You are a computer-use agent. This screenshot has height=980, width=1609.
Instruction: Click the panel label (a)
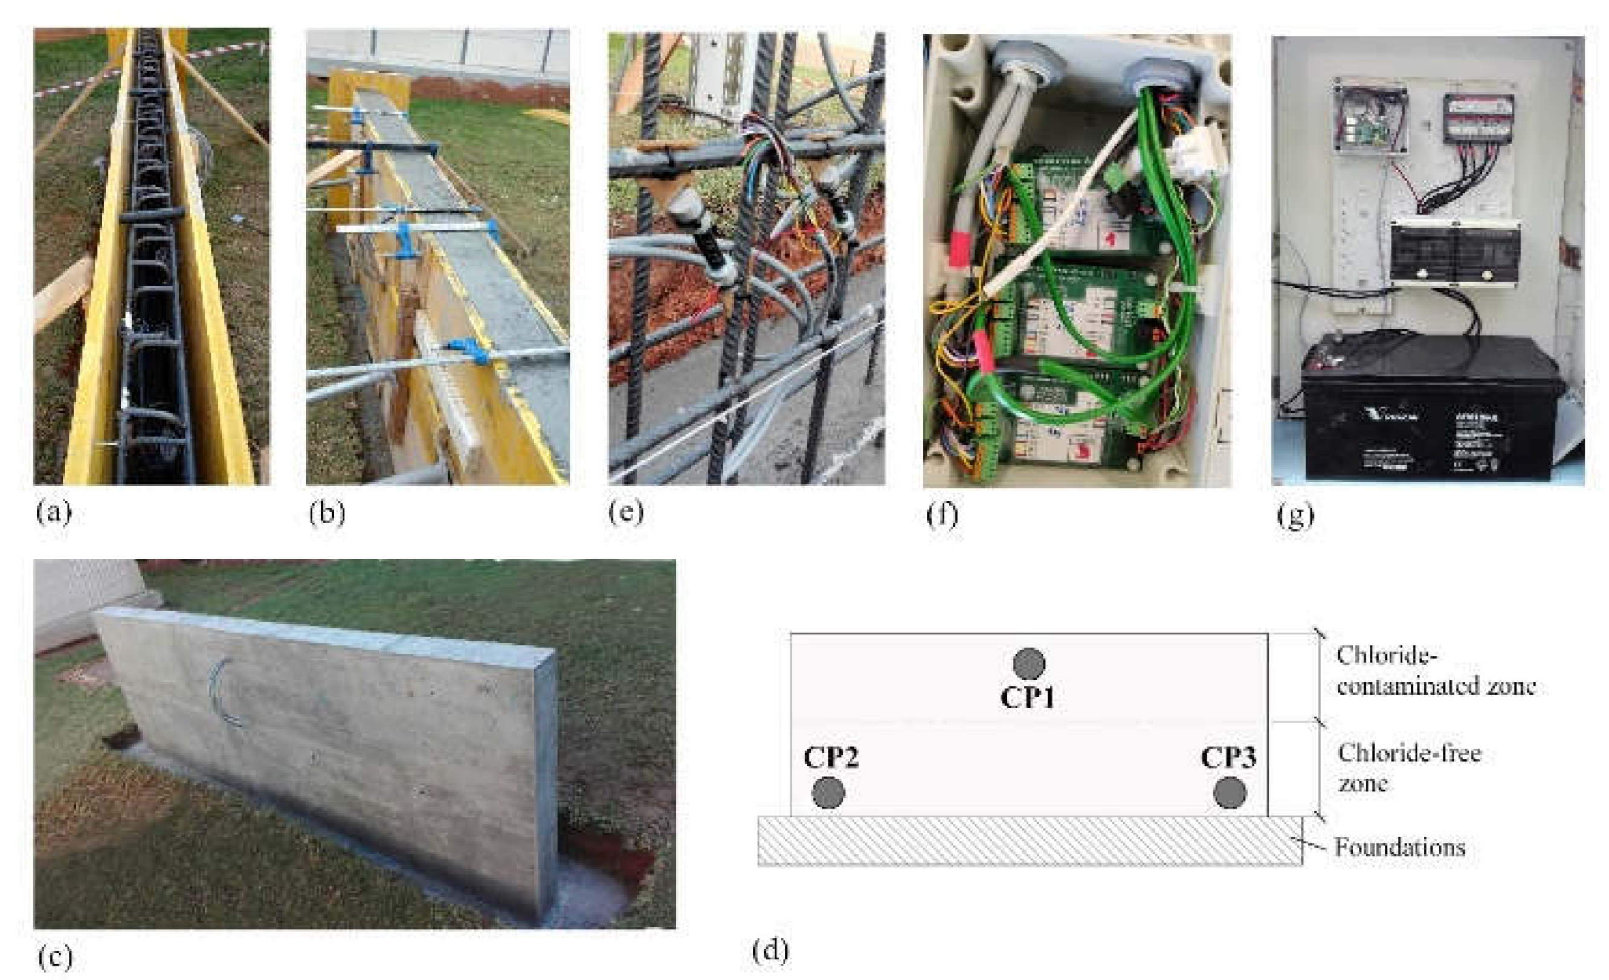click(x=54, y=513)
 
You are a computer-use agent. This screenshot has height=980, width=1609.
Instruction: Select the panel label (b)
click(x=326, y=513)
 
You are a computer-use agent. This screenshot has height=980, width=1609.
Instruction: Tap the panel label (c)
click(x=55, y=957)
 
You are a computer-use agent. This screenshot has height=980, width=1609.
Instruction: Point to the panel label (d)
click(x=770, y=951)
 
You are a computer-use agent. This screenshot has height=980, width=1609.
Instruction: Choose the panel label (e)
click(x=625, y=513)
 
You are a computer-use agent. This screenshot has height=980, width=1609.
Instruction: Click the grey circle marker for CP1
click(x=1029, y=664)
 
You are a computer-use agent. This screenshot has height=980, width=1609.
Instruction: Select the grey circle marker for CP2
click(x=828, y=793)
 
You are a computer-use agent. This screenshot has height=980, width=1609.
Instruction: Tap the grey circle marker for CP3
click(x=1230, y=793)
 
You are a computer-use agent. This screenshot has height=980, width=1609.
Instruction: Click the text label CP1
click(x=1028, y=698)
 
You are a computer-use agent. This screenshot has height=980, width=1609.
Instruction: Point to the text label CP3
click(x=1228, y=758)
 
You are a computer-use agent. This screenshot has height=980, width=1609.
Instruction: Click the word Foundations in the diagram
click(x=1399, y=847)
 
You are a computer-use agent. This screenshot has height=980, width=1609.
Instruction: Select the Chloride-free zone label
click(x=1408, y=767)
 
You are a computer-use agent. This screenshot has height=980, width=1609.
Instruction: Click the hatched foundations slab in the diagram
click(x=1029, y=841)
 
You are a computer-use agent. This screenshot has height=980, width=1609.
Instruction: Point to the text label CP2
click(x=831, y=758)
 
